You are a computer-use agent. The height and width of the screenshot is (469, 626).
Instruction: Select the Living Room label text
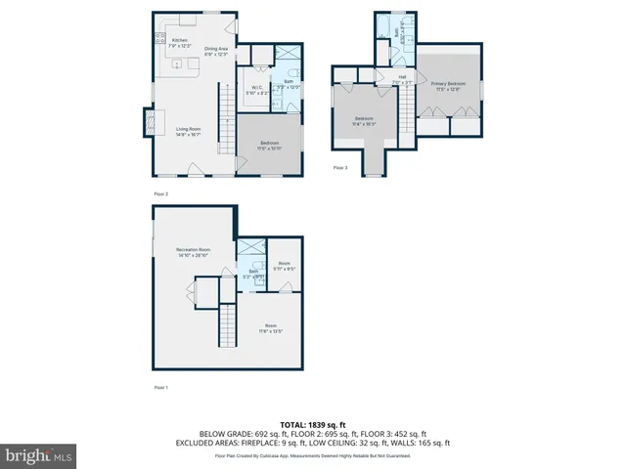(x=189, y=131)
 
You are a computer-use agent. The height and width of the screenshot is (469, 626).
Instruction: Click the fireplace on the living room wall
(x=149, y=121)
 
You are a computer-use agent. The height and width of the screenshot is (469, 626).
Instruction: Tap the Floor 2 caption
(x=161, y=194)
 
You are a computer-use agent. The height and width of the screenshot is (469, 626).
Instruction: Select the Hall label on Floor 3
(x=402, y=78)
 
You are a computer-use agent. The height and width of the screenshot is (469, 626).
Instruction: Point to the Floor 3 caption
(x=340, y=167)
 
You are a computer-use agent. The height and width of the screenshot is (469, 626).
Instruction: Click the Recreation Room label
(x=193, y=253)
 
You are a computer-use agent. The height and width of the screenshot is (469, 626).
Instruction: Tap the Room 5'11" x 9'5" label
(x=284, y=265)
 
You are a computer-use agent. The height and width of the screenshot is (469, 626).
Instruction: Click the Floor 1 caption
(x=161, y=388)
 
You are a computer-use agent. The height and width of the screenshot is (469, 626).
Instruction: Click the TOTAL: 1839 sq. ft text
(x=312, y=423)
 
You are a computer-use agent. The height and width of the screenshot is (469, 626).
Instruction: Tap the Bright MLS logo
(x=39, y=455)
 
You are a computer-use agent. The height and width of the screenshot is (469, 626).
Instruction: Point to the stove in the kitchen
(x=159, y=40)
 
